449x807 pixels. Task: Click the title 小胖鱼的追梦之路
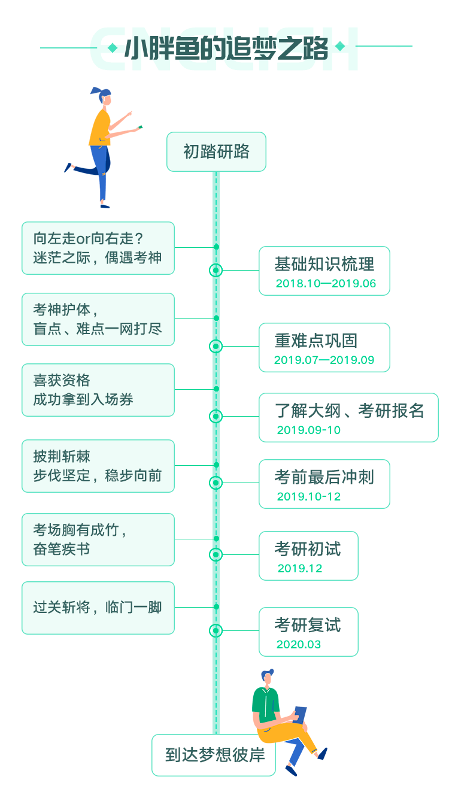(226, 48)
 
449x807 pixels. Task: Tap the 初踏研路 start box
(216, 152)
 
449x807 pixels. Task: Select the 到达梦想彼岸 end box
(214, 755)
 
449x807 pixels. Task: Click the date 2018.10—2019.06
(326, 284)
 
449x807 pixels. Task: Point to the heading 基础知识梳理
(324, 264)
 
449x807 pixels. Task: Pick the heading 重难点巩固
(315, 341)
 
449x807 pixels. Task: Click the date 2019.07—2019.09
(324, 360)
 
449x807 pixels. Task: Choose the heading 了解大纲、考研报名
(349, 411)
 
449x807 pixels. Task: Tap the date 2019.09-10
(308, 430)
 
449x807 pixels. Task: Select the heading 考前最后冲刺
(324, 477)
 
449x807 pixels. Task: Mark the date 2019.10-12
(308, 497)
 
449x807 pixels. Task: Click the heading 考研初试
(307, 549)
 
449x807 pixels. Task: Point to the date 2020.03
(299, 645)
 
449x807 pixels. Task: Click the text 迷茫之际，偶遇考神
(97, 258)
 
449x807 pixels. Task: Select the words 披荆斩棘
(62, 457)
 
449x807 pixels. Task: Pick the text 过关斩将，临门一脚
(97, 608)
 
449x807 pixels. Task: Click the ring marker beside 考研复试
(216, 630)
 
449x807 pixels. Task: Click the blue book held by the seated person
(300, 714)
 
